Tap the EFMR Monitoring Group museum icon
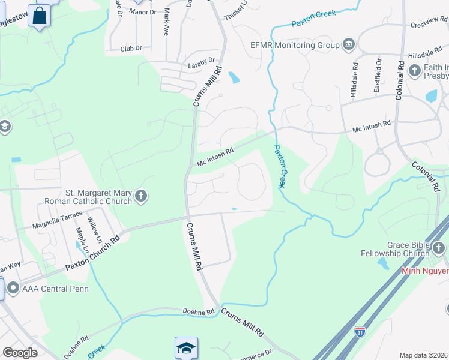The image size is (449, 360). click(349, 44)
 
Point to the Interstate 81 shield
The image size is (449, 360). click(360, 332)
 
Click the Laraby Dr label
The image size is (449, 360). click(201, 61)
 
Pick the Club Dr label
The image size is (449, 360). click(130, 49)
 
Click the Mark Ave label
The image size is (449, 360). click(166, 22)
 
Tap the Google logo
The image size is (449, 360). click(20, 353)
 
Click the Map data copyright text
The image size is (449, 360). click(424, 355)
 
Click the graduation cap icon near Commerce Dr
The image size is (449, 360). click(186, 347)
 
